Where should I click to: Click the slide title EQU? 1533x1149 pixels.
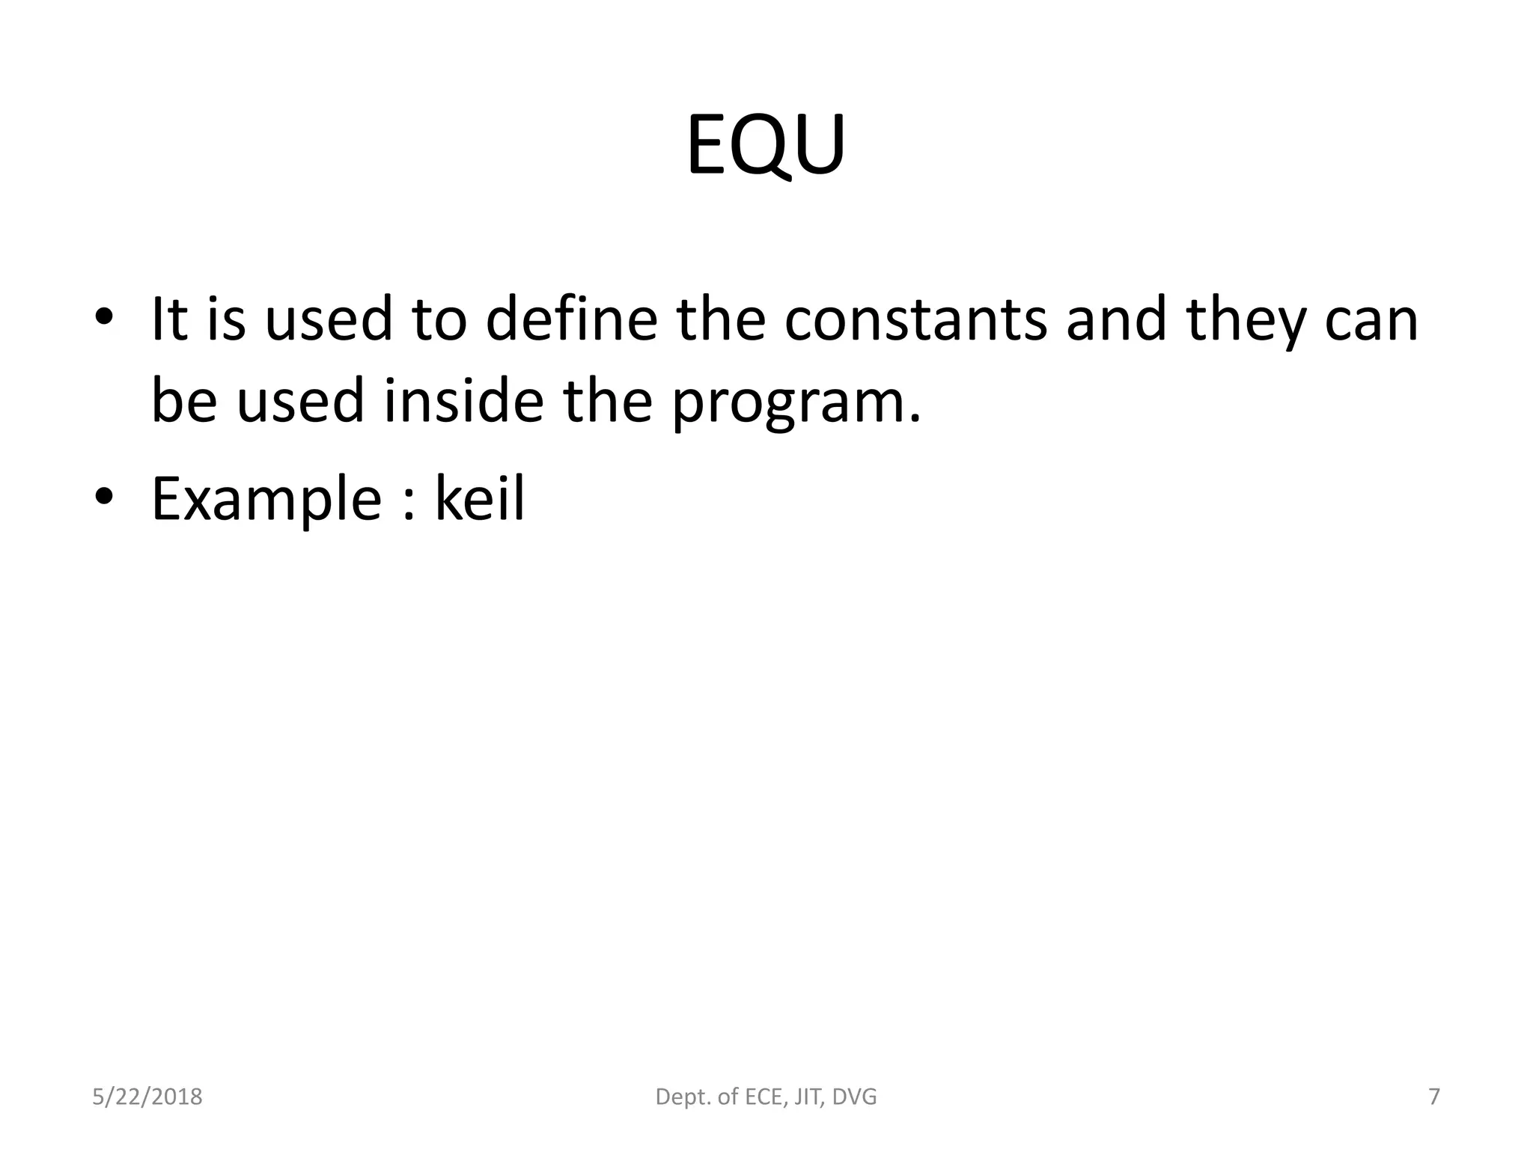(766, 145)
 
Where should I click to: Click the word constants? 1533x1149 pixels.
(915, 319)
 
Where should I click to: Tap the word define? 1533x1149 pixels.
(571, 319)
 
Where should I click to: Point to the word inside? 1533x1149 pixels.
(463, 401)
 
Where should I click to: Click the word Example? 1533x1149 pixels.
(266, 500)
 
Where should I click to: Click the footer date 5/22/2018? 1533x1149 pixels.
(147, 1097)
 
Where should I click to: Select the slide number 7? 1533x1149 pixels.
(1434, 1097)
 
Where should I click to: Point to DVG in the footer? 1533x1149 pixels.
(854, 1097)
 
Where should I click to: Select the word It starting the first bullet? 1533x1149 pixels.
(168, 319)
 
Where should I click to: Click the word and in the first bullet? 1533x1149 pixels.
(1116, 319)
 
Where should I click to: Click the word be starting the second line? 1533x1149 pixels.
(184, 401)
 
